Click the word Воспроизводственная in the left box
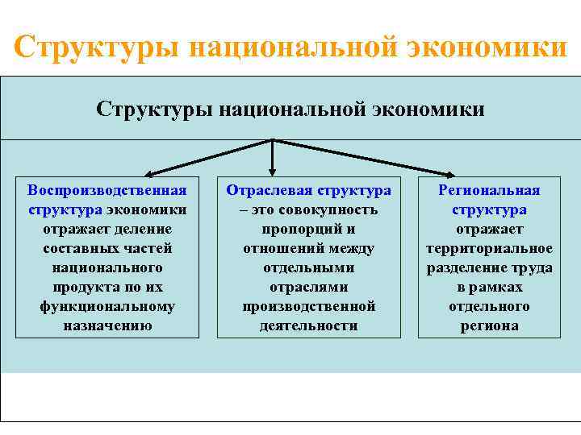coord(107,190)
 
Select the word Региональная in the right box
coord(489,190)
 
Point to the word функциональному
coord(107,307)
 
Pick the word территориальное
coord(489,248)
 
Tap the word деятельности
coord(308,326)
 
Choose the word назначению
coord(107,326)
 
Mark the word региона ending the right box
coord(489,326)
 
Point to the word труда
coord(533,267)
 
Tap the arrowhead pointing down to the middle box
coord(273,171)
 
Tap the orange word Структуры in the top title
coord(96,47)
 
